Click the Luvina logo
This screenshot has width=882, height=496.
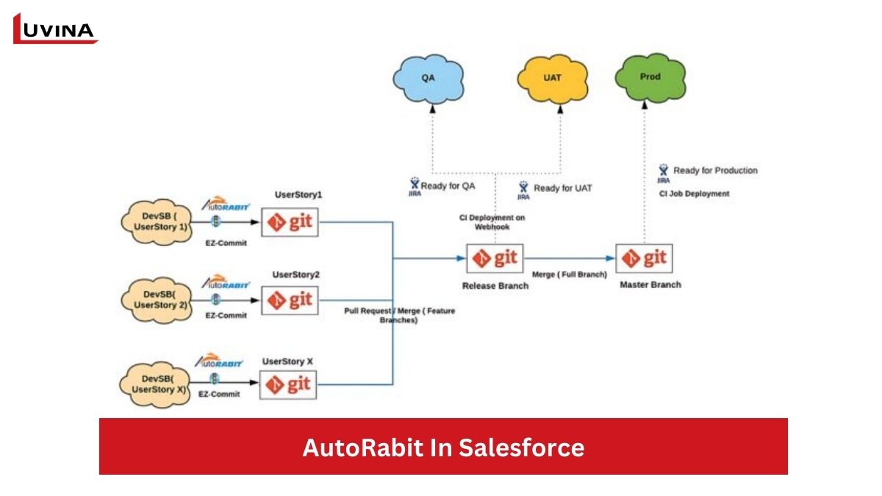(x=55, y=29)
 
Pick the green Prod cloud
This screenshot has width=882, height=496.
(x=650, y=76)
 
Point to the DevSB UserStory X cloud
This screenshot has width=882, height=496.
(x=155, y=382)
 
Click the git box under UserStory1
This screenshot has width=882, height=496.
(x=290, y=222)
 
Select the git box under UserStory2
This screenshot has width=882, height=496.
(x=290, y=300)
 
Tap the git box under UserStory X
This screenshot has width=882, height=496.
(x=289, y=384)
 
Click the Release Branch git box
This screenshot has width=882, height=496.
(x=495, y=259)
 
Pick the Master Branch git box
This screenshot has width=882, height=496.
(x=645, y=258)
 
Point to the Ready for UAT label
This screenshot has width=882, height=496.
(x=562, y=188)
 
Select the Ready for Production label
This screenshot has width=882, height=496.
(x=714, y=170)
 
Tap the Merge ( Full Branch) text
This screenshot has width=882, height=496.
(x=569, y=274)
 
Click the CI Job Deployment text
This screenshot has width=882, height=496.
(x=694, y=194)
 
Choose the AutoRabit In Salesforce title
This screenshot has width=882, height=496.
(x=443, y=447)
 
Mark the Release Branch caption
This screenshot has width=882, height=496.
(x=495, y=285)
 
